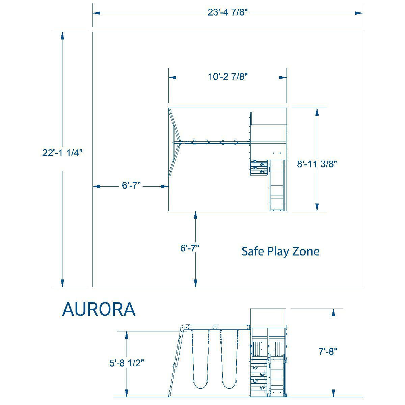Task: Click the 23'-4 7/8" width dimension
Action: (x=227, y=12)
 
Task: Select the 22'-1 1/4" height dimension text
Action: (x=62, y=153)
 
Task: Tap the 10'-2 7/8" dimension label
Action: (x=228, y=77)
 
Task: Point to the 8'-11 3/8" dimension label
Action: (x=317, y=164)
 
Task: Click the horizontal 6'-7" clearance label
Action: (x=131, y=185)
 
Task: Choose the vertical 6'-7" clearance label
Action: (x=190, y=248)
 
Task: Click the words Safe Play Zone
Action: (x=280, y=251)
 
